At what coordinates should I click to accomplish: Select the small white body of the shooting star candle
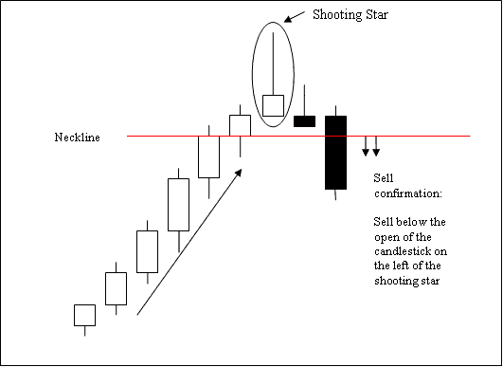tap(273, 105)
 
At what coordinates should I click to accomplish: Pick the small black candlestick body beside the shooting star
tap(304, 120)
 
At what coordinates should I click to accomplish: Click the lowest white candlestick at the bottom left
tap(84, 315)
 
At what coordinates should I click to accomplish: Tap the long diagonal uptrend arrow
tap(189, 241)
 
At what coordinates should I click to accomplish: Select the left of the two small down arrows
tap(366, 147)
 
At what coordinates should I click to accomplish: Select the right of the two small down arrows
tap(376, 147)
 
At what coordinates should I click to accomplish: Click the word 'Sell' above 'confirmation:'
tap(385, 177)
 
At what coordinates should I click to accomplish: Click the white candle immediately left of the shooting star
tap(240, 125)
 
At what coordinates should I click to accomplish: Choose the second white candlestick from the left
tap(115, 288)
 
